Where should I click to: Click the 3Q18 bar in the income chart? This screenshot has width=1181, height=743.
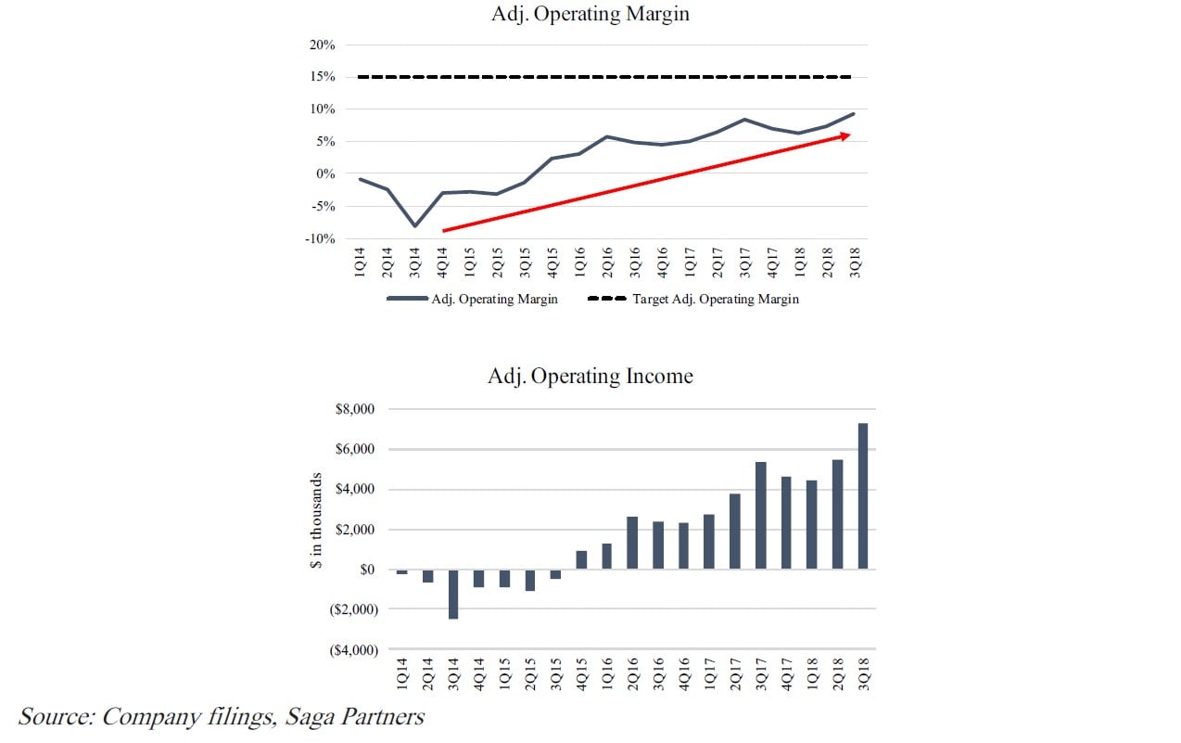863,496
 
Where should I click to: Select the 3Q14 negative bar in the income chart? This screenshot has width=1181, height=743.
453,594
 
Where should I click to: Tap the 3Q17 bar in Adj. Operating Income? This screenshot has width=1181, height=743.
760,516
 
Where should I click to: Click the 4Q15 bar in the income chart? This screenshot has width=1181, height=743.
581,560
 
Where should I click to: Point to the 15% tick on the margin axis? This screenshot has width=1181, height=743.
323,77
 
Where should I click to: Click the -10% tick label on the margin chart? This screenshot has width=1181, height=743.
320,239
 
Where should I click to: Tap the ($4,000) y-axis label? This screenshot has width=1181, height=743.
355,649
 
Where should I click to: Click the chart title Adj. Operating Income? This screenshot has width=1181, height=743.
590,377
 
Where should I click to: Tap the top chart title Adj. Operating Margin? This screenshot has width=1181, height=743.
590,14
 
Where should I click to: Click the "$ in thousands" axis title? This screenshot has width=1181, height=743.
317,521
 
